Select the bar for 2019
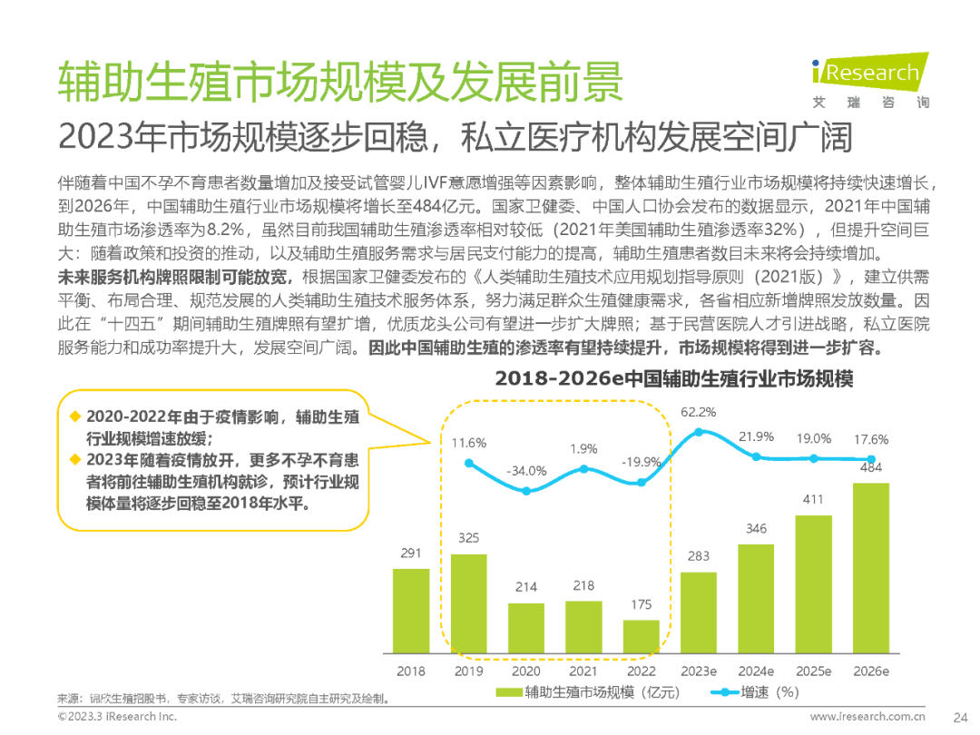[x=468, y=603]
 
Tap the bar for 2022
[x=641, y=636]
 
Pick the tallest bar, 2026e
[x=871, y=567]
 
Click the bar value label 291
[x=411, y=553]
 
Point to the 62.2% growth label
[x=698, y=412]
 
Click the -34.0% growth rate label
[x=526, y=471]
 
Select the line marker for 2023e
[x=698, y=432]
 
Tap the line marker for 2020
[x=526, y=491]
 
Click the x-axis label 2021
[x=583, y=671]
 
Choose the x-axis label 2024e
[x=756, y=671]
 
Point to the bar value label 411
[x=813, y=500]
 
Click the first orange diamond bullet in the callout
[x=75, y=416]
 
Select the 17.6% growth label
[x=871, y=439]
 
